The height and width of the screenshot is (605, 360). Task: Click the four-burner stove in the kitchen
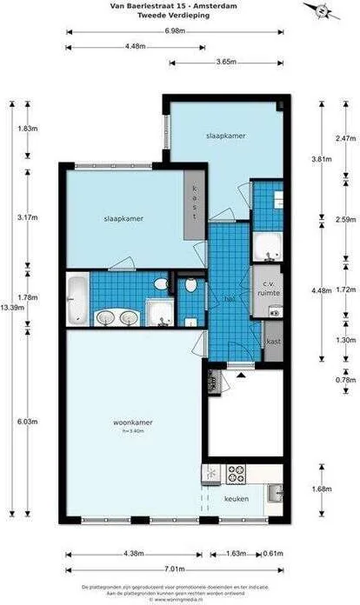237,474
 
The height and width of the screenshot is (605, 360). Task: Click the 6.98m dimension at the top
177,31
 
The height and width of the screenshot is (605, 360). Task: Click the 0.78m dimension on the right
346,379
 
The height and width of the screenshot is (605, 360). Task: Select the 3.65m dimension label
227,62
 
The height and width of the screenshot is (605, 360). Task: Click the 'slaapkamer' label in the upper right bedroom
224,136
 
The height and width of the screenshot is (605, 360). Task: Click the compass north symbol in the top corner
323,11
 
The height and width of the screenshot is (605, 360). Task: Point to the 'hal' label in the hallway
230,298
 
